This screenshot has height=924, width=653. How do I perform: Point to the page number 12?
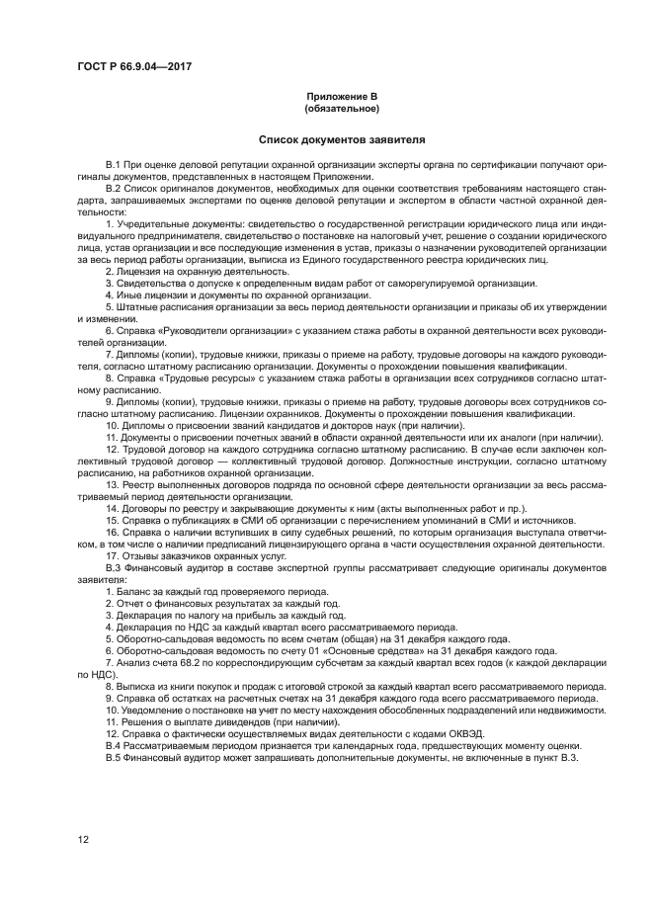coord(83,839)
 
